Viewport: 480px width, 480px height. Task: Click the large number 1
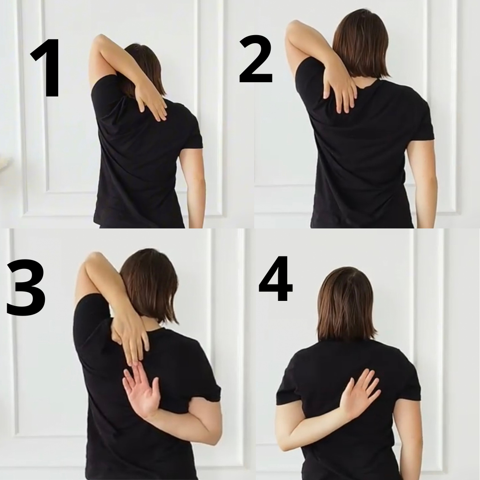tap(46, 68)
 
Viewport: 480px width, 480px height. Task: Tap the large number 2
tap(256, 59)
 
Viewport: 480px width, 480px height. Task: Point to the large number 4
tap(276, 279)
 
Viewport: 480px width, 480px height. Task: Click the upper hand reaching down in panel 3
tap(132, 340)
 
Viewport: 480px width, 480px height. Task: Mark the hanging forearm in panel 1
tap(193, 187)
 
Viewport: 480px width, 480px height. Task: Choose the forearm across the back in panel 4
tap(315, 425)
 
